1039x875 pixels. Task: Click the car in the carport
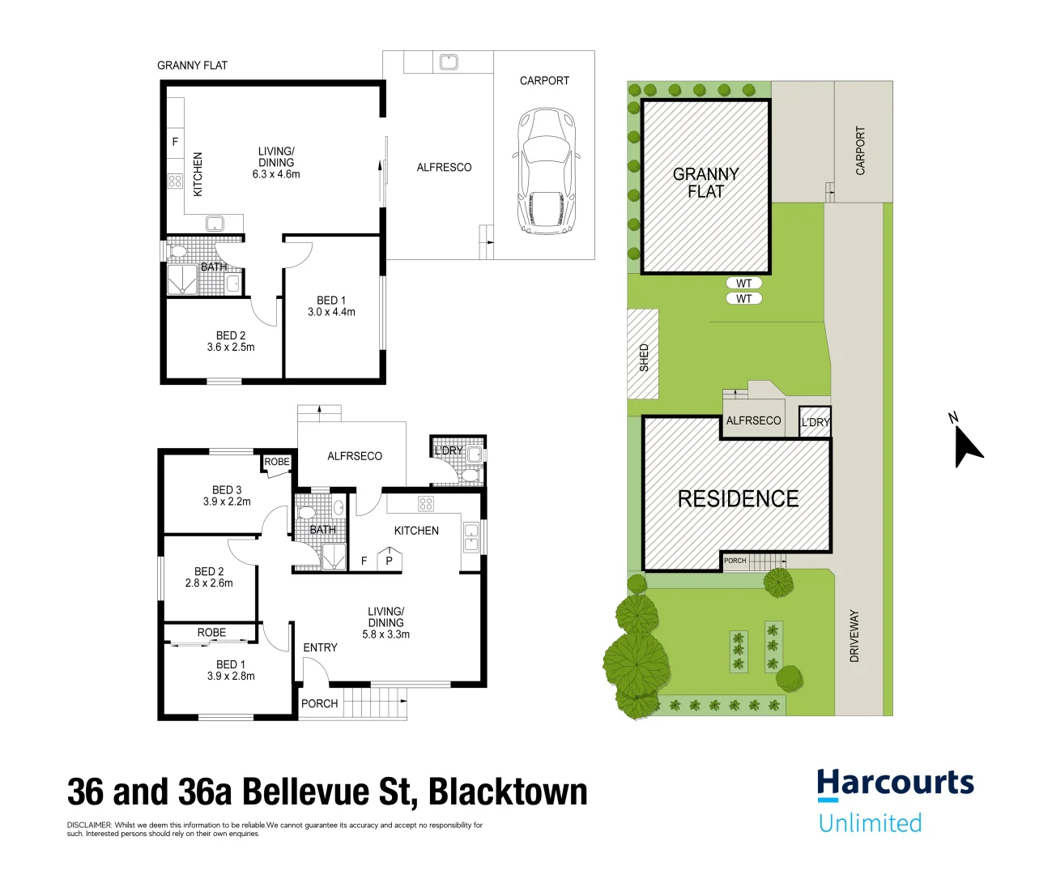coord(545,171)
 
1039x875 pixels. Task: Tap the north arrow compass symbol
coord(965,444)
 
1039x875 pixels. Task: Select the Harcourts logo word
coord(895,783)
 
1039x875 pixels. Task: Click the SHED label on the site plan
coord(644,357)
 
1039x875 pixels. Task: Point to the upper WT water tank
coord(743,284)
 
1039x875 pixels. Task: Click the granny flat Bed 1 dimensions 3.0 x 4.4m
coord(331,312)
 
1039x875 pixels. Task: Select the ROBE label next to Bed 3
coord(277,462)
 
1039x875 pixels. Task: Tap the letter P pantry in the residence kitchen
coord(390,561)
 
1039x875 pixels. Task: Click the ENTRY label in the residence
coord(320,647)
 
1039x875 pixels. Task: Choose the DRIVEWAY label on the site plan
coord(854,636)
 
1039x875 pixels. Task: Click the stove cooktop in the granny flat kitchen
coord(175,181)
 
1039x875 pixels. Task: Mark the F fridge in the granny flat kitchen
coord(175,142)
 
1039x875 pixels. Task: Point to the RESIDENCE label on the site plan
coord(738,499)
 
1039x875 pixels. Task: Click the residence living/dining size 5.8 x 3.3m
coord(385,634)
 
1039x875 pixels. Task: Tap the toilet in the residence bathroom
coord(306,512)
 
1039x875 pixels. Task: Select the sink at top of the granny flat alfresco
coord(448,62)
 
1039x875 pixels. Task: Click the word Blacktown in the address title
coord(507,792)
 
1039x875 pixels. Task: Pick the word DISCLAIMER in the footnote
coord(89,826)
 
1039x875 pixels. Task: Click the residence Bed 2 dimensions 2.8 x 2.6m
coord(209,583)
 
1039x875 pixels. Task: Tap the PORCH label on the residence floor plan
coord(319,704)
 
